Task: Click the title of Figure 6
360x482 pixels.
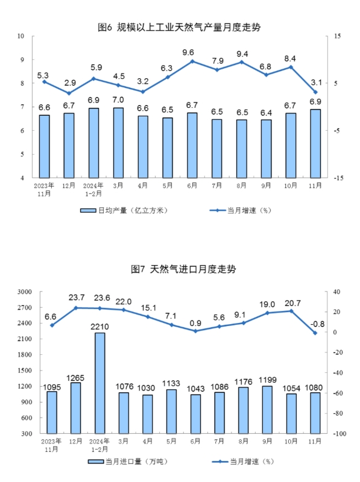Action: click(179, 27)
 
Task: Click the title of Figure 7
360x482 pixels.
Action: click(183, 269)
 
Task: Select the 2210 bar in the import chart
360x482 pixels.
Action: click(99, 383)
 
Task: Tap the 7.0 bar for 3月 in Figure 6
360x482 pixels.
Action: click(118, 143)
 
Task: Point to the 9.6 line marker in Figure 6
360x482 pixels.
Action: click(192, 61)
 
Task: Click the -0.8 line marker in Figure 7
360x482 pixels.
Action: click(315, 333)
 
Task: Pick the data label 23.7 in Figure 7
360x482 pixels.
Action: click(77, 298)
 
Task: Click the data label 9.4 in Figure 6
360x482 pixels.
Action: click(242, 54)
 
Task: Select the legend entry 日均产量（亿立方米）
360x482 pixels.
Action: click(124, 210)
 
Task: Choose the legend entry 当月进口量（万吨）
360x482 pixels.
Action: click(128, 462)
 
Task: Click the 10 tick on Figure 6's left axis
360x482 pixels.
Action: click(21, 36)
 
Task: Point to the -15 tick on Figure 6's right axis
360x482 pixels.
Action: click(338, 178)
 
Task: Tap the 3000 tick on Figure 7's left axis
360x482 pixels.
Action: click(25, 292)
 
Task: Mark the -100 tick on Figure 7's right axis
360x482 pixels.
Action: click(339, 434)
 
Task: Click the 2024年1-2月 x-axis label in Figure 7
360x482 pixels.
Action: click(99, 445)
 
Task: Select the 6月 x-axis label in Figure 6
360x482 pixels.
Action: click(192, 186)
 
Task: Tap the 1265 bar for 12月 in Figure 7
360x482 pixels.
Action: click(76, 408)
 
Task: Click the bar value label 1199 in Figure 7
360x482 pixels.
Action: click(268, 380)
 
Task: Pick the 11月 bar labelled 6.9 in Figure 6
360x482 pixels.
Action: click(315, 143)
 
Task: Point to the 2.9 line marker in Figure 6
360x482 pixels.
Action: click(69, 93)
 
